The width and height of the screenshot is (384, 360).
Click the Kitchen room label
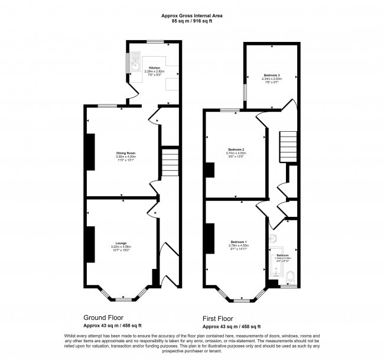tap(154, 68)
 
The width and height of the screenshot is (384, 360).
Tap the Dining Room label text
tap(125, 153)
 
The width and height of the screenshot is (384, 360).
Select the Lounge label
tap(121, 242)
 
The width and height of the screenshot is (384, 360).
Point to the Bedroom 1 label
tap(239, 242)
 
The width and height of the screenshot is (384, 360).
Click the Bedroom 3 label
tap(272, 76)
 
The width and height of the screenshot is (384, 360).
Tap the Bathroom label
tap(283, 255)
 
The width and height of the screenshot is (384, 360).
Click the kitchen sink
tap(135, 61)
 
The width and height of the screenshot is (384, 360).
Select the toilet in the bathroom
tap(290, 277)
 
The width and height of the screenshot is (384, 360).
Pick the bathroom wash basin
tap(274, 238)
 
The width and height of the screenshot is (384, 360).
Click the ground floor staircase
tap(170, 160)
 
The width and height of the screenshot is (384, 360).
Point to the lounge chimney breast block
tap(91, 244)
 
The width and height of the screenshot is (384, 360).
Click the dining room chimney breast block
tap(91, 152)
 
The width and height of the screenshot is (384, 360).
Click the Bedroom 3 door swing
tap(289, 106)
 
